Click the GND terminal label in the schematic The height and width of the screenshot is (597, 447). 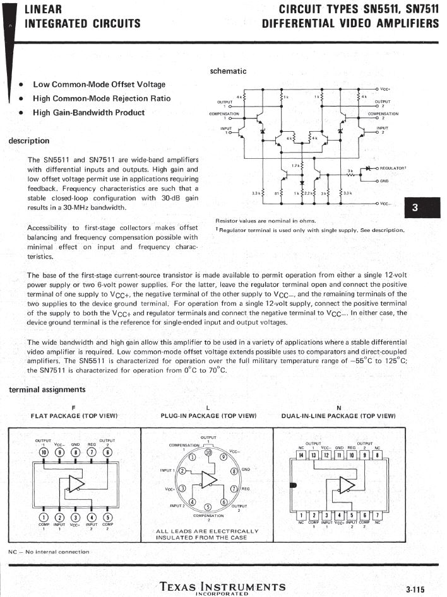pyautogui.click(x=384, y=181)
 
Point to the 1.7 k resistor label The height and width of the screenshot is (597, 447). pyautogui.click(x=295, y=166)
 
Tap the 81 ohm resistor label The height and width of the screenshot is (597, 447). pyautogui.click(x=277, y=194)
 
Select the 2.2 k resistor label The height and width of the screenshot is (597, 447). pyautogui.click(x=309, y=194)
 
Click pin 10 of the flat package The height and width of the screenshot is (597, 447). pyautogui.click(x=44, y=451)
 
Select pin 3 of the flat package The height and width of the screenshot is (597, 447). pyautogui.click(x=75, y=518)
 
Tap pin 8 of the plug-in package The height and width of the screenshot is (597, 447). pyautogui.click(x=234, y=470)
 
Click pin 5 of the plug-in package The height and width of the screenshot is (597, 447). pyautogui.click(x=208, y=507)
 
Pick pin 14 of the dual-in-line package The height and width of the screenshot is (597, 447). pyautogui.click(x=301, y=455)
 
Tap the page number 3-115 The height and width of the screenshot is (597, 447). pyautogui.click(x=415, y=589)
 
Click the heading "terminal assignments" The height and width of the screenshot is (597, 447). pyautogui.click(x=47, y=390)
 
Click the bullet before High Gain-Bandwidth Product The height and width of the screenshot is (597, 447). pyautogui.click(x=21, y=113)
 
